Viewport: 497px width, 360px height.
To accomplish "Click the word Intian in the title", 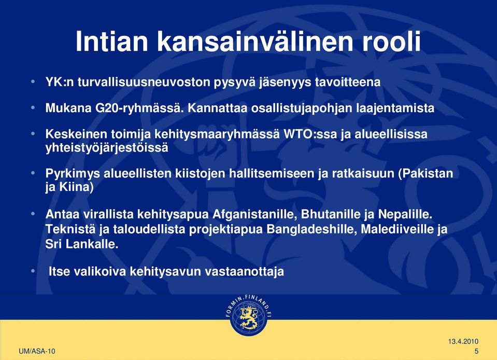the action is pos(111,41).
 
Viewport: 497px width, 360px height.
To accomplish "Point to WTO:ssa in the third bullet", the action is pos(310,134).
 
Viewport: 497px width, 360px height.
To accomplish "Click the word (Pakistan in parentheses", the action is pos(425,173).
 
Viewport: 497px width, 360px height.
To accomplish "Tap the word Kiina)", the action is pos(76,187).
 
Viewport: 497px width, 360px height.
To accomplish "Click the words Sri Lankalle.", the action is pos(82,244).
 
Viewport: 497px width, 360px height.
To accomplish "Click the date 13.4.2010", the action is pos(463,342).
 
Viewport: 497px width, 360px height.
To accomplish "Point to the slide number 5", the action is pos(476,351).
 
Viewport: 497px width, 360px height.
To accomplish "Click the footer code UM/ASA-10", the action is pos(37,351).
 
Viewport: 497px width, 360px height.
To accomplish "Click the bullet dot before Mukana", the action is pos(33,108).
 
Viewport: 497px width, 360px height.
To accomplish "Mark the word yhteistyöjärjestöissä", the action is pos(107,148).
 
